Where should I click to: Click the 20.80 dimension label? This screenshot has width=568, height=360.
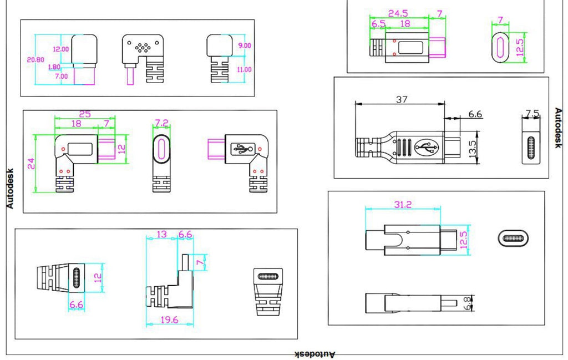point(35,60)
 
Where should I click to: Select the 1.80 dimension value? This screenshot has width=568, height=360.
point(54,67)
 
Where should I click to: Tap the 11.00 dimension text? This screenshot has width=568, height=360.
point(244,69)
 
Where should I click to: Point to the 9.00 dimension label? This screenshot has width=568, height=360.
point(245,45)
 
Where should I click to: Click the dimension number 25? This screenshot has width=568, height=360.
point(85,114)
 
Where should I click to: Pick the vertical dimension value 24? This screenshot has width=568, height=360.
point(31,164)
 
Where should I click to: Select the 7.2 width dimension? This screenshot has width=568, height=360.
point(161,124)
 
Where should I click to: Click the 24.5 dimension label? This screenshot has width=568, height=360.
point(398,13)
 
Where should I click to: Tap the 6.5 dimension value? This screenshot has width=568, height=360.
point(378,24)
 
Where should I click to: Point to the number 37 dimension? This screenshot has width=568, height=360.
point(402,99)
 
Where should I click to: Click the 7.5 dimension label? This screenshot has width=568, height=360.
point(532,114)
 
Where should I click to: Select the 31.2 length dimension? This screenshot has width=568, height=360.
point(403,205)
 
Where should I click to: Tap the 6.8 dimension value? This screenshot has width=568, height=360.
point(468,303)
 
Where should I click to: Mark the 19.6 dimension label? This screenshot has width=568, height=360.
point(170,320)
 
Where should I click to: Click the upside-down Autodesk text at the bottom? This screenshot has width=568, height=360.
point(315,354)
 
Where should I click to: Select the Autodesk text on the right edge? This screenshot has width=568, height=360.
point(558,128)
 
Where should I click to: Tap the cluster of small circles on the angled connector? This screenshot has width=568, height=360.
point(143,47)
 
